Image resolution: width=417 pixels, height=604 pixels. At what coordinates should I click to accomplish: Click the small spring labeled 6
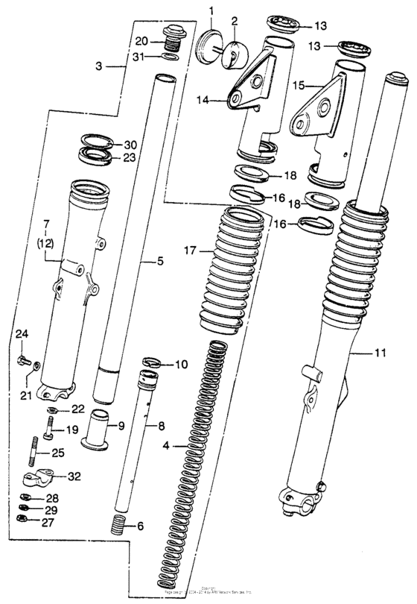[118, 524]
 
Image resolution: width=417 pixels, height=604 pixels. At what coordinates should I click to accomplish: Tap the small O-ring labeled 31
[170, 56]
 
